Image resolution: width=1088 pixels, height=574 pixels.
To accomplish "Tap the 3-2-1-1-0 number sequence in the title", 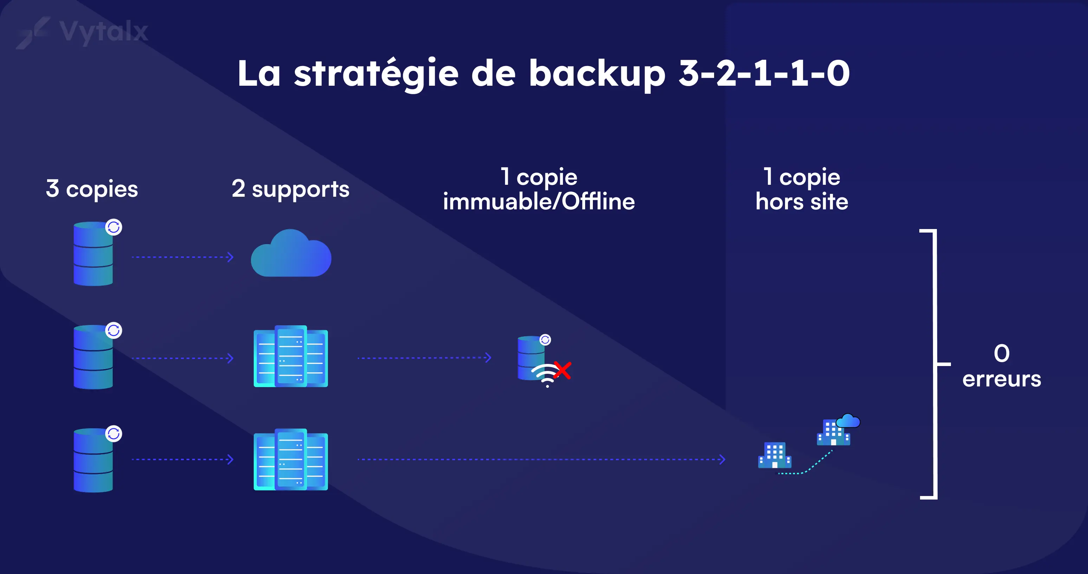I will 764,74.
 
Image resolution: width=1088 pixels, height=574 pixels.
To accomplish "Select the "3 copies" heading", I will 92,189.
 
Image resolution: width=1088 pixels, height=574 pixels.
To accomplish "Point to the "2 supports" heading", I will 291,189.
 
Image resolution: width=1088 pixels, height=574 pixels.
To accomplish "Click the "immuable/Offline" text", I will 538,201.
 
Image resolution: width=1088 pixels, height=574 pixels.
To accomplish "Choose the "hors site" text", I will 802,201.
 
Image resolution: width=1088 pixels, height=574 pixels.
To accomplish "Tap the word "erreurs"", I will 1002,379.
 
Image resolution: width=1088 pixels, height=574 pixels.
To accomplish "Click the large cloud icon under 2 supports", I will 291,254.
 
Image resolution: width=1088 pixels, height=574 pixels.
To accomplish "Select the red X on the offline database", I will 563,370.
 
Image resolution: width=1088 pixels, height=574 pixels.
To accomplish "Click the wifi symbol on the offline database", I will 546,374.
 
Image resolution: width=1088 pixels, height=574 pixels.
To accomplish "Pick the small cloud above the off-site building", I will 848,421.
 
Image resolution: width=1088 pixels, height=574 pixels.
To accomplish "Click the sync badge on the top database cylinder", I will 114,228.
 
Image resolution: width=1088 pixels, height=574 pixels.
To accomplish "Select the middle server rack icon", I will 291,356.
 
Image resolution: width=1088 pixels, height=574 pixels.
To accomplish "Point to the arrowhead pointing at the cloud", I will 230,257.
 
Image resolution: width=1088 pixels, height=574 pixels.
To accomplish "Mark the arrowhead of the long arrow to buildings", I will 722,459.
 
